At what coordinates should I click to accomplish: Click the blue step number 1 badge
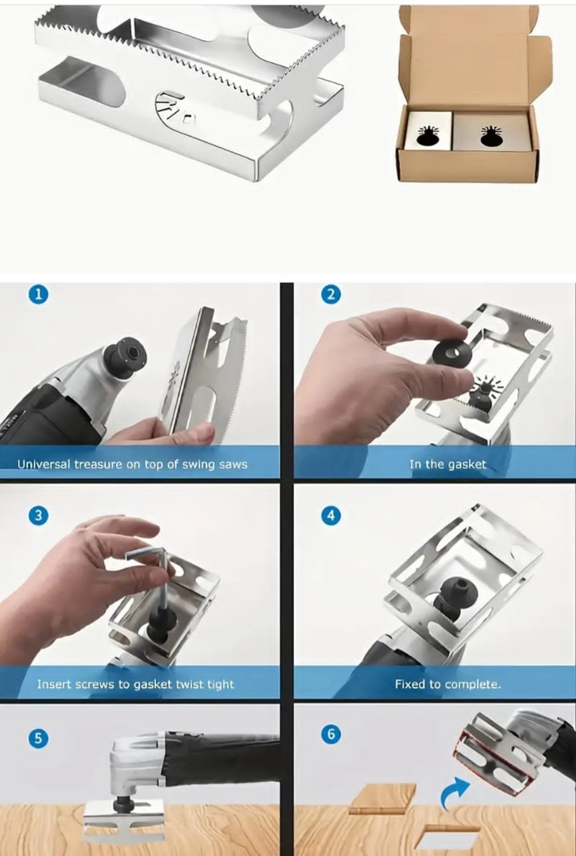38,295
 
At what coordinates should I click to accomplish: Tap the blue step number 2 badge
331,295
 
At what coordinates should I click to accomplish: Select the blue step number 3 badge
38,516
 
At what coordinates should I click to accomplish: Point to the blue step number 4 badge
331,516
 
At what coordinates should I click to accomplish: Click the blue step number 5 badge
38,738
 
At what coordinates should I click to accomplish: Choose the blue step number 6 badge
331,734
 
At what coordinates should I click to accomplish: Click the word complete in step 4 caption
472,684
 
